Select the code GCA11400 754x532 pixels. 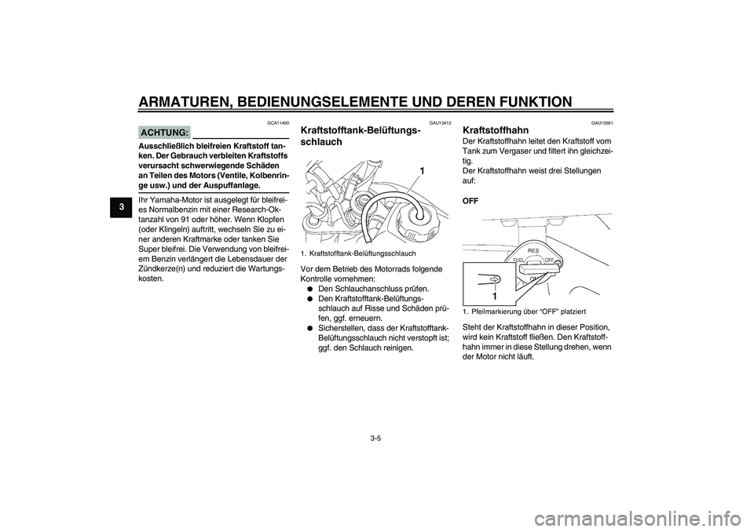(x=279, y=123)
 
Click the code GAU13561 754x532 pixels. (x=602, y=123)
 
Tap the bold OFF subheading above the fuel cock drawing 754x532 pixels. (x=471, y=201)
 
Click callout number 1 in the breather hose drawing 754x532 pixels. (x=422, y=170)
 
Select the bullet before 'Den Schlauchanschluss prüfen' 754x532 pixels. (x=311, y=289)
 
